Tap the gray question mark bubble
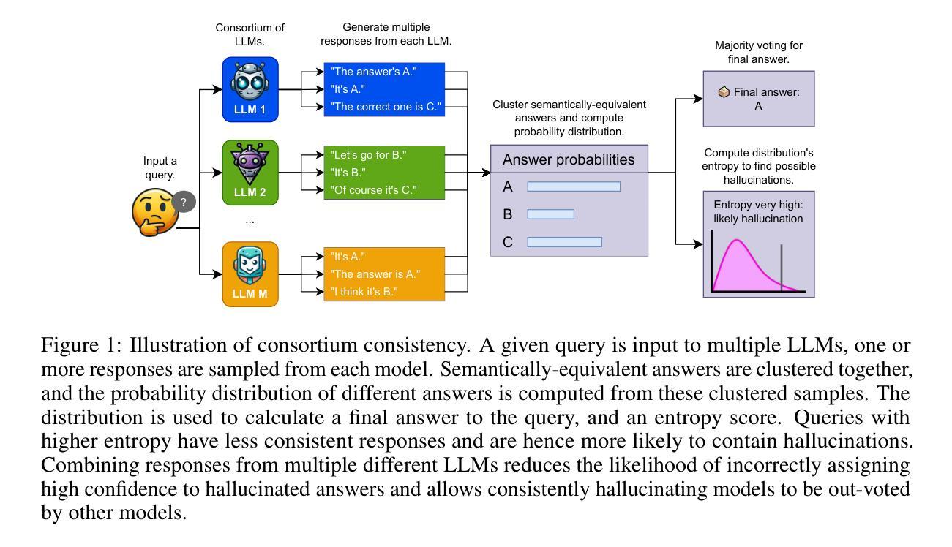click(x=184, y=202)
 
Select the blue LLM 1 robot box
click(x=250, y=89)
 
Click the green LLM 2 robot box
click(x=250, y=173)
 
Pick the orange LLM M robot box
click(x=250, y=274)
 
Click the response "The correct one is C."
click(x=385, y=107)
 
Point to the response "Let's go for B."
click(x=368, y=155)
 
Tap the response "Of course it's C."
click(x=373, y=189)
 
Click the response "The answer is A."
click(x=375, y=274)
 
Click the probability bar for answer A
click(x=574, y=186)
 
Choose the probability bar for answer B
click(x=550, y=214)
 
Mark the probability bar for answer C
click(x=564, y=242)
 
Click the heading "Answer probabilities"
click(x=569, y=159)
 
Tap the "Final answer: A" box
click(x=758, y=99)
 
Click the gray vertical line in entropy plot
click(x=782, y=267)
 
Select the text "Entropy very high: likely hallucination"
click(x=758, y=211)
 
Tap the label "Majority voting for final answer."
click(x=758, y=52)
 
